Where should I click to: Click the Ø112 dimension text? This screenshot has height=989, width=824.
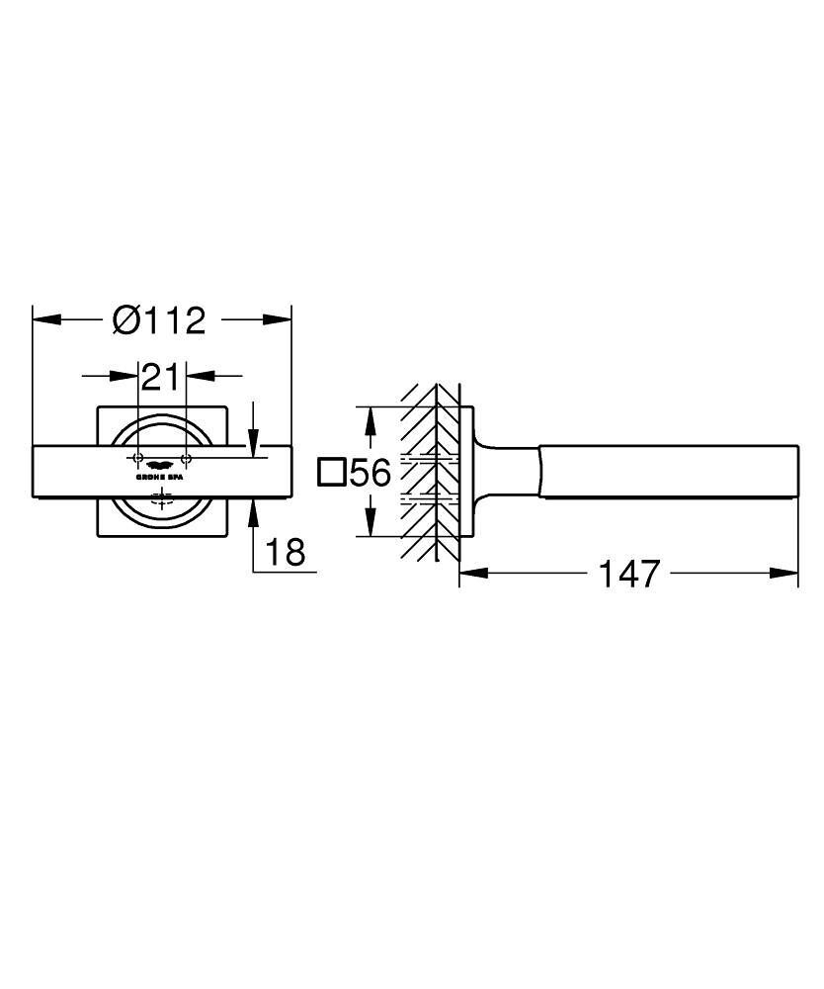point(159,320)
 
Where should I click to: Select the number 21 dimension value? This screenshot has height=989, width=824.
point(160,376)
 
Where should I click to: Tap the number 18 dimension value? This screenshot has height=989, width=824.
point(286,552)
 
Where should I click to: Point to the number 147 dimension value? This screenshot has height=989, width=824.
point(629,574)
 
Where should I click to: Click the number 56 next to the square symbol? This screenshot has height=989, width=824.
point(371,473)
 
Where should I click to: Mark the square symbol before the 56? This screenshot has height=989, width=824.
point(332,473)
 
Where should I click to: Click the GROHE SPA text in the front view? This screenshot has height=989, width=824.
point(160,477)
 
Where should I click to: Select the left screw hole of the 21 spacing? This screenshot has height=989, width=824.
point(137,459)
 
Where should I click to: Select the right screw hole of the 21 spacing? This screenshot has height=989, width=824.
point(185,459)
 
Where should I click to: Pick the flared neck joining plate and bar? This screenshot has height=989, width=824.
point(494,472)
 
